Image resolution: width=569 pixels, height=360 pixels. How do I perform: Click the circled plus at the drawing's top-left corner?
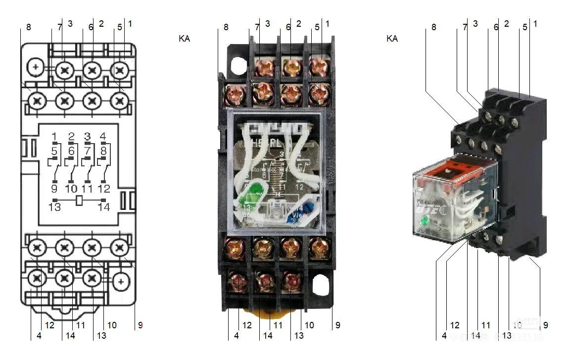pyautogui.click(x=36, y=66)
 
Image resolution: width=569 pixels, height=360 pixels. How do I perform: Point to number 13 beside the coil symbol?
pyautogui.click(x=54, y=207)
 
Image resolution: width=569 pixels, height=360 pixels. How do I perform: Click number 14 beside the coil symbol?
pyautogui.click(x=103, y=207)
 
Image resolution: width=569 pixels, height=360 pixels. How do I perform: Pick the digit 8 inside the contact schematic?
pyautogui.click(x=103, y=150)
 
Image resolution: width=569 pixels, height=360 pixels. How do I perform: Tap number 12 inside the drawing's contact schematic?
pyautogui.click(x=103, y=189)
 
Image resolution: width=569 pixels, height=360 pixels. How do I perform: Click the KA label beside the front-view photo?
pyautogui.click(x=184, y=38)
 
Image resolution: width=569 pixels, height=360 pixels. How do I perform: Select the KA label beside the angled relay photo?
pyautogui.click(x=392, y=38)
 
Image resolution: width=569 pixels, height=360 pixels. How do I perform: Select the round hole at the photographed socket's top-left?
pyautogui.click(x=238, y=64)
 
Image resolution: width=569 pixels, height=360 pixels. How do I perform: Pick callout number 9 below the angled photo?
pyautogui.click(x=546, y=325)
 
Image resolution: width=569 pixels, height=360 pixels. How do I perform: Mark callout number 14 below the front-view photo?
pyautogui.click(x=268, y=335)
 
